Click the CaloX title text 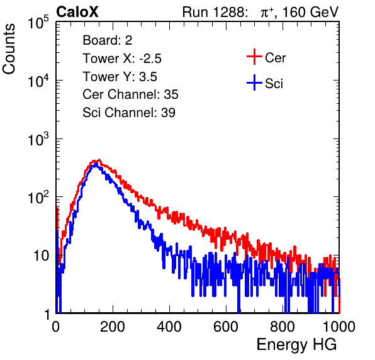click(x=77, y=12)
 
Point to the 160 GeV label click(x=310, y=12)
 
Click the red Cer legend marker click(x=254, y=57)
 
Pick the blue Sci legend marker click(x=254, y=82)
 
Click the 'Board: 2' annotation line click(x=108, y=40)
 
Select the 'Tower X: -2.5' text click(x=122, y=59)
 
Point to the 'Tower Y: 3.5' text click(x=120, y=77)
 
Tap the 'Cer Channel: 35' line click(x=130, y=94)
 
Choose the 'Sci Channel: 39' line click(x=129, y=113)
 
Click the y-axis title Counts click(x=9, y=49)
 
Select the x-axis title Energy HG click(x=296, y=345)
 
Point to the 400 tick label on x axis click(x=169, y=327)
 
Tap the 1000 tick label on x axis click(x=339, y=327)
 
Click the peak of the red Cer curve click(x=99, y=160)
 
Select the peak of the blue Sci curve click(x=96, y=164)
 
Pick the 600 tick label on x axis click(x=226, y=327)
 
